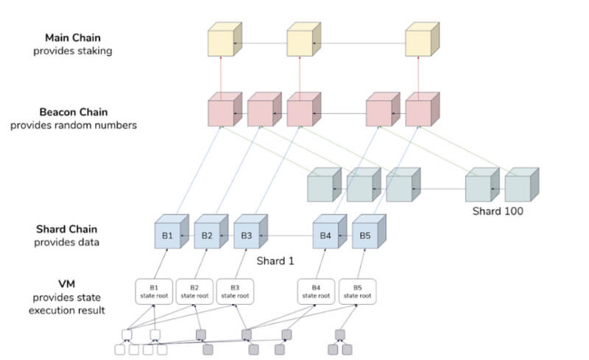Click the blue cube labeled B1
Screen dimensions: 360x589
[169, 236]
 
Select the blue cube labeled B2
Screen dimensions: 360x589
[208, 236]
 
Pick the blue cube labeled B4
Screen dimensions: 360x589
[325, 236]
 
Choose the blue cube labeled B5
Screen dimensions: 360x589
[365, 236]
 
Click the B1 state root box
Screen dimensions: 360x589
[153, 292]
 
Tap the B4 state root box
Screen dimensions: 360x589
[315, 292]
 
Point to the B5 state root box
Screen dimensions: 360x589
[357, 292]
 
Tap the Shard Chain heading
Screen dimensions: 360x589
[66, 229]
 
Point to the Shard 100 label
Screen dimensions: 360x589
[497, 211]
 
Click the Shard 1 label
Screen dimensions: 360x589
[275, 261]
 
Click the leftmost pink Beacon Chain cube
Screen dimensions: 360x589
[222, 112]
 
